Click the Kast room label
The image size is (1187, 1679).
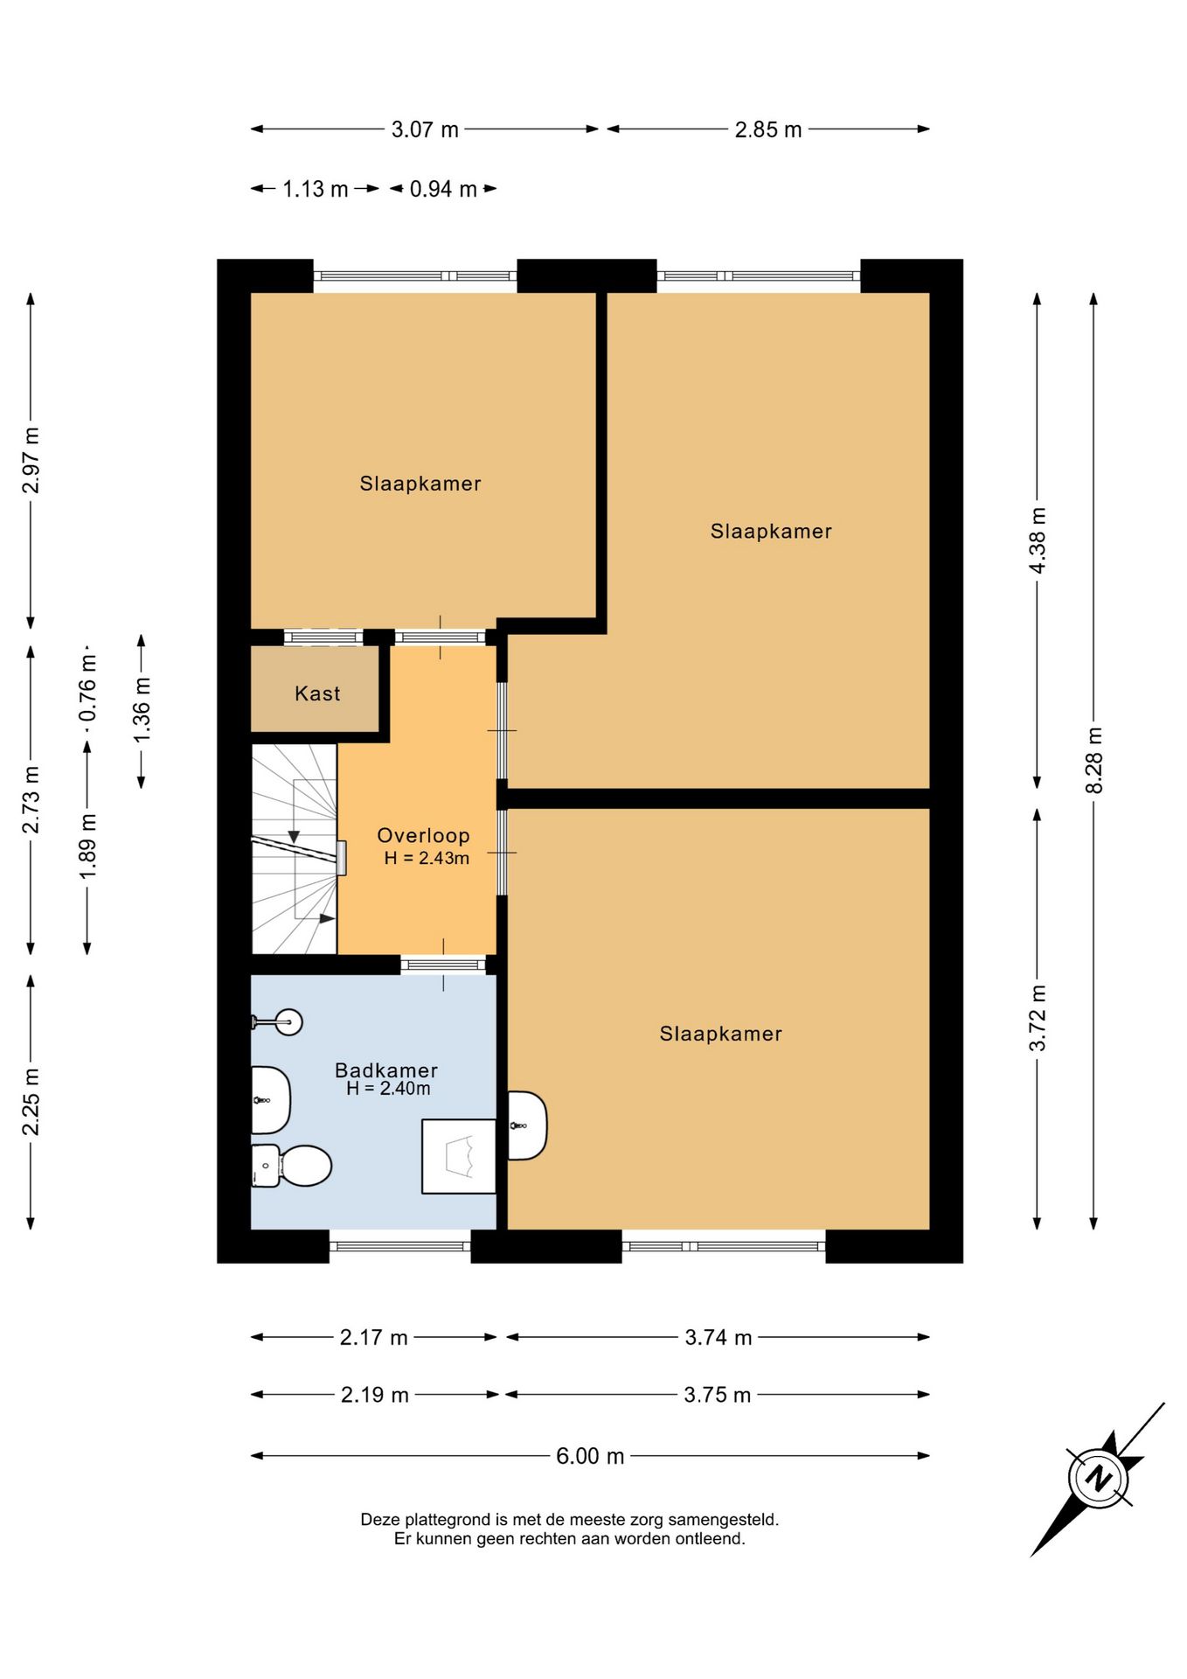pyautogui.click(x=317, y=693)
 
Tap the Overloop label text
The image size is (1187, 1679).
pyautogui.click(x=423, y=836)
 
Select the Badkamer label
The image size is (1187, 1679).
pyautogui.click(x=386, y=1070)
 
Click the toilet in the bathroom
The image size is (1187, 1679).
pyautogui.click(x=292, y=1166)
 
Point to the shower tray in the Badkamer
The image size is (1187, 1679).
pyautogui.click(x=459, y=1156)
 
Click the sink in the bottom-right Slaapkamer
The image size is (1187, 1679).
pyautogui.click(x=527, y=1125)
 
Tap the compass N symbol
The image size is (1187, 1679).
pyautogui.click(x=1098, y=1478)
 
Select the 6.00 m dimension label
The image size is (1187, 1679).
pyautogui.click(x=590, y=1456)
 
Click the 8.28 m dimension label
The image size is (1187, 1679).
pyautogui.click(x=1093, y=760)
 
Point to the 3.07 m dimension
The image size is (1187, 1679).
pyautogui.click(x=425, y=129)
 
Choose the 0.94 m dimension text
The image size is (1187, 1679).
pyautogui.click(x=443, y=189)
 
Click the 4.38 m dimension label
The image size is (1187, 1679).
pyautogui.click(x=1038, y=540)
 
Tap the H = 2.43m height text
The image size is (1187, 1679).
pyautogui.click(x=427, y=858)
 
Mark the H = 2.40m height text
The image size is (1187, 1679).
pyautogui.click(x=388, y=1089)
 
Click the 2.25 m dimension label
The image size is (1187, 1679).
pyautogui.click(x=31, y=1102)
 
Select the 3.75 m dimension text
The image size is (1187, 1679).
pyautogui.click(x=718, y=1395)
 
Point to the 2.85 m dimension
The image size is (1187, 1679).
pyautogui.click(x=768, y=129)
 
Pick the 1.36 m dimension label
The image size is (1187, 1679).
pyautogui.click(x=142, y=710)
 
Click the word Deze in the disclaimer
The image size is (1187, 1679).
pyautogui.click(x=379, y=1520)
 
